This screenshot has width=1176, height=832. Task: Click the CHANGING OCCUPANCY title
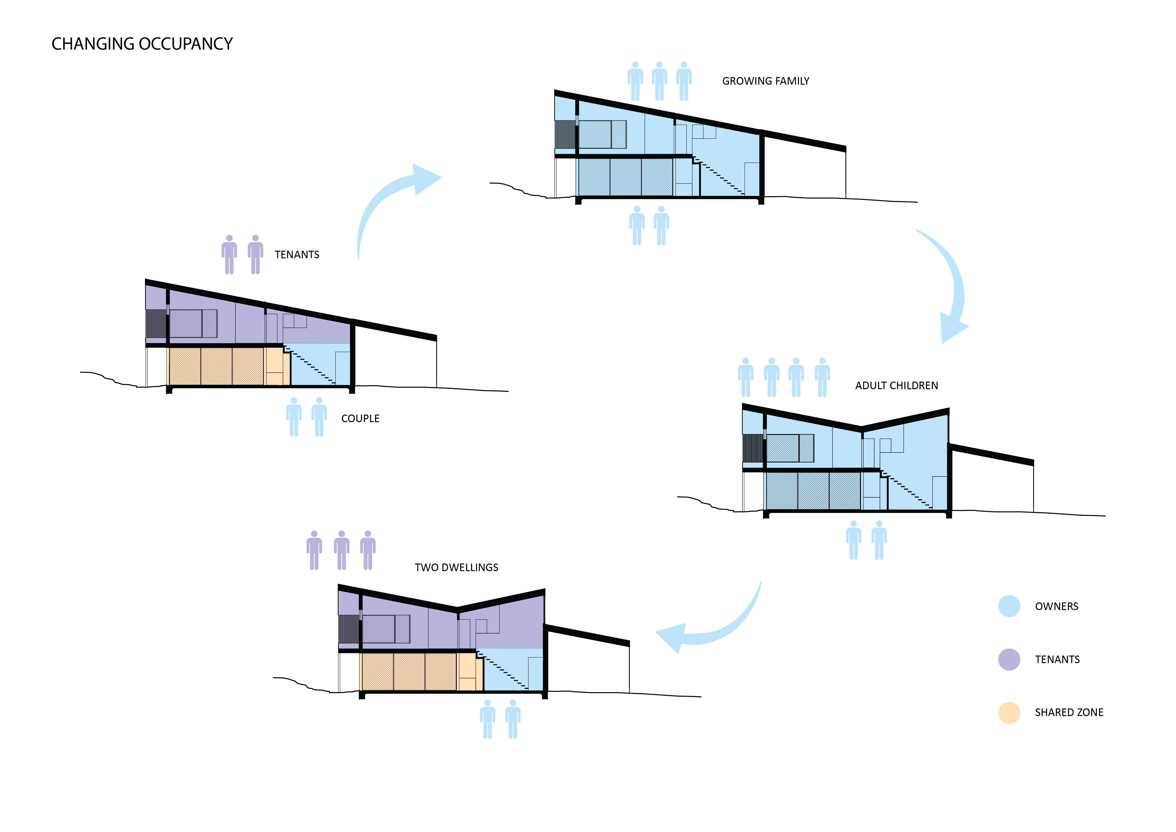point(142,44)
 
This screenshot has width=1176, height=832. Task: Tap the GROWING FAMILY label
point(765,81)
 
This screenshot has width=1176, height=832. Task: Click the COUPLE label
point(360,419)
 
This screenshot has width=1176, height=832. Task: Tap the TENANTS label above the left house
point(297,255)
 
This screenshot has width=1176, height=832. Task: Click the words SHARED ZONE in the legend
point(1069,713)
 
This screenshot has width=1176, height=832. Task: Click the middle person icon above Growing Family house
point(659,81)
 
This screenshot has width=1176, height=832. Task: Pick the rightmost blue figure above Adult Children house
point(822,378)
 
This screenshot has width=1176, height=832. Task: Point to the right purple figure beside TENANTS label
point(255,255)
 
